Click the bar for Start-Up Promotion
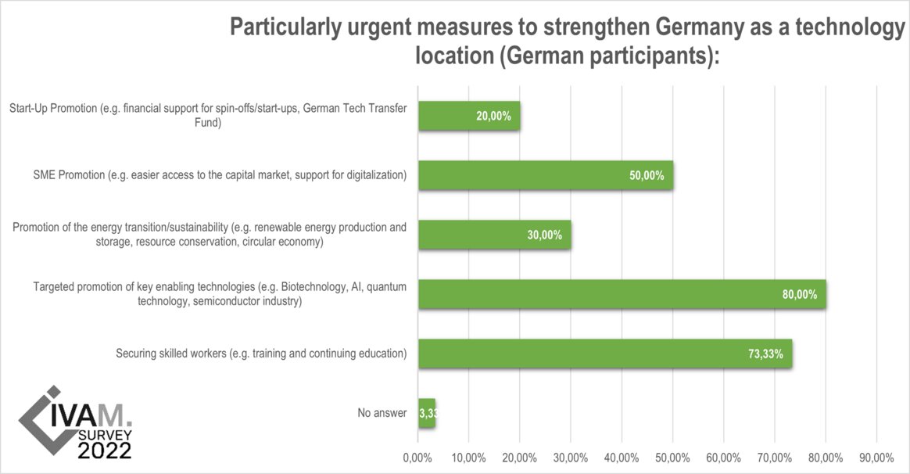[469, 116]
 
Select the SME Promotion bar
[545, 175]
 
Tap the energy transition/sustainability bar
[494, 235]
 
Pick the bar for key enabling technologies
[622, 294]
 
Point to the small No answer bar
[427, 413]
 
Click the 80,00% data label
[800, 295]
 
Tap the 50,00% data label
[647, 176]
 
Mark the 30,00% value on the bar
[544, 235]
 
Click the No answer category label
[381, 413]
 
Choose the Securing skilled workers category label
[261, 354]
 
